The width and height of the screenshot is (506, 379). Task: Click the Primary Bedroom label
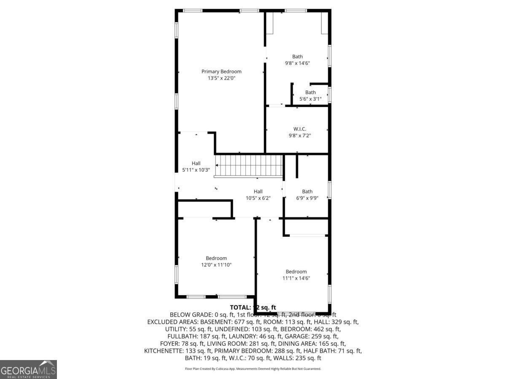pyautogui.click(x=221, y=72)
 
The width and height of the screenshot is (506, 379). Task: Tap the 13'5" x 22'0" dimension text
pyautogui.click(x=221, y=78)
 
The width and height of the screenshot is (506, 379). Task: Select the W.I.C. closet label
pyautogui.click(x=299, y=129)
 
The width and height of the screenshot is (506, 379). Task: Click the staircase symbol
pyautogui.click(x=249, y=165)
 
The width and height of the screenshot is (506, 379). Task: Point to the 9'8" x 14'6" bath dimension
pyautogui.click(x=297, y=63)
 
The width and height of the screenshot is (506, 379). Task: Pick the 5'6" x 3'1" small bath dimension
pyautogui.click(x=310, y=99)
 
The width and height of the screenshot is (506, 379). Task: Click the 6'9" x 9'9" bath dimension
pyautogui.click(x=307, y=198)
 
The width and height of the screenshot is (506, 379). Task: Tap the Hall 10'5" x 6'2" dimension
pyautogui.click(x=258, y=198)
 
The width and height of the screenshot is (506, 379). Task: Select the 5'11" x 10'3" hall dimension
pyautogui.click(x=196, y=170)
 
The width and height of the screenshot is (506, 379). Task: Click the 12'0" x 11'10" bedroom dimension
pyautogui.click(x=216, y=265)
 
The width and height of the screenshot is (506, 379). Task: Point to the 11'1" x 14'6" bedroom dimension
pyautogui.click(x=296, y=278)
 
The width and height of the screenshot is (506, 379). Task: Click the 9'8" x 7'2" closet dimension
pyautogui.click(x=299, y=136)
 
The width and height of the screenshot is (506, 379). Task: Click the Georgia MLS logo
pyautogui.click(x=28, y=369)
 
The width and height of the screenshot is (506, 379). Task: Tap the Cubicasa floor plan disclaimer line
pyautogui.click(x=253, y=369)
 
